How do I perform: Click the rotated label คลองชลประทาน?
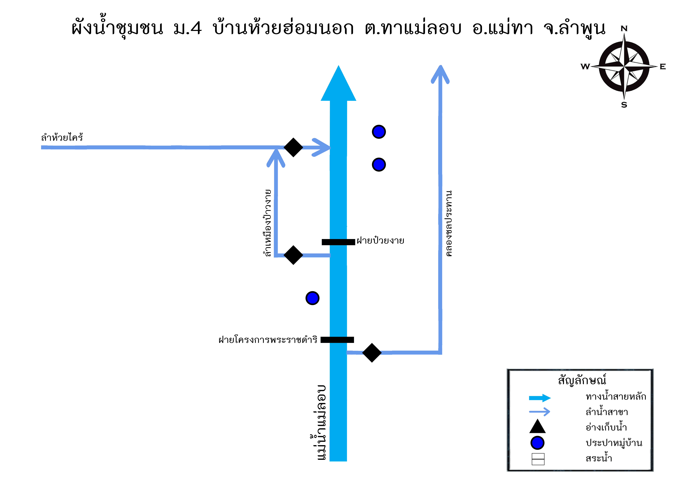448,223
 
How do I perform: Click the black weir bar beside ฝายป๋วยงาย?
338,242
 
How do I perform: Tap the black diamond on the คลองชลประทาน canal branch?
372,353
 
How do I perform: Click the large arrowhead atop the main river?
339,83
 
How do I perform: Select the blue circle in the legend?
537,443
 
